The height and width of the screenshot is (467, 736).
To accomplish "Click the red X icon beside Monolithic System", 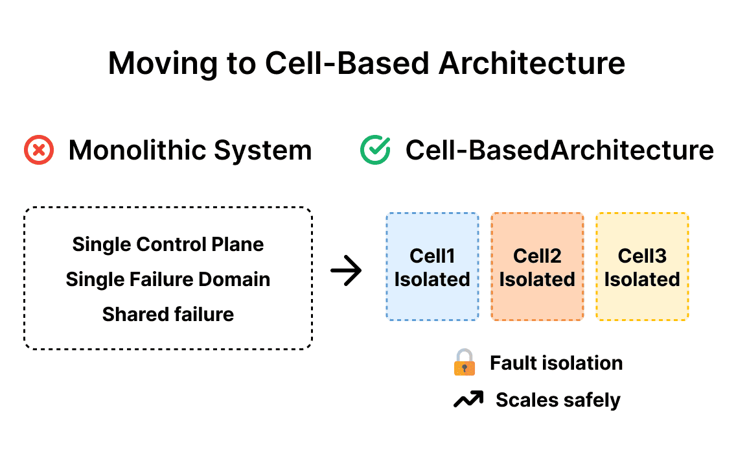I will tap(39, 150).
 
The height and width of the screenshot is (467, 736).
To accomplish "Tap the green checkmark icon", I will tap(375, 150).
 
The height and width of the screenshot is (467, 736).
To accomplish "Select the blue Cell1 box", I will tap(432, 267).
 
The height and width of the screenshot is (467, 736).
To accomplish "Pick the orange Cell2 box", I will tap(537, 267).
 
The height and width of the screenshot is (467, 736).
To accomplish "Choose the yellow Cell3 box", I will tap(642, 267).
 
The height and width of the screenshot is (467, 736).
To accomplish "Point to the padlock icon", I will tap(464, 363).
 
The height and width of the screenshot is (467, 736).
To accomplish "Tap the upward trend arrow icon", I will tap(468, 400).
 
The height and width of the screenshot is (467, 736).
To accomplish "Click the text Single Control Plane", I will tap(168, 245).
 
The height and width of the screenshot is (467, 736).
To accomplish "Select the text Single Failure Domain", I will tap(168, 280).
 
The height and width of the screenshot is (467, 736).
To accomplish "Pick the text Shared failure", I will tap(168, 315).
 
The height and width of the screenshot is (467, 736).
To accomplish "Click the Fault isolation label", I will tap(556, 363).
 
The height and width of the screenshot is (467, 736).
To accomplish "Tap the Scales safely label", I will tap(558, 400).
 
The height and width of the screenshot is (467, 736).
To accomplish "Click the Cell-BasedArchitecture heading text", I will tap(559, 150).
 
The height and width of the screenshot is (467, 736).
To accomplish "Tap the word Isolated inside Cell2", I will tap(537, 280).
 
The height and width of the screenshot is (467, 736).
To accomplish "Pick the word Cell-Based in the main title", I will tap(347, 63).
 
